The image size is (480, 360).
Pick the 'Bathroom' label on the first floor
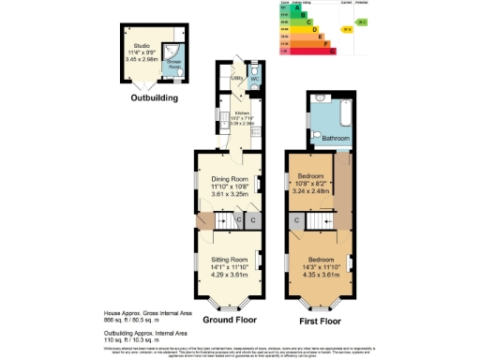pos(336,138)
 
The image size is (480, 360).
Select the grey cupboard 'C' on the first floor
pos(296,220)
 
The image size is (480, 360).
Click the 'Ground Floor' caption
pos(231,320)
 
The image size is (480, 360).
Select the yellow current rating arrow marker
pos(346,29)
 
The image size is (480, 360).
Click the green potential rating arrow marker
pos(361,21)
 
